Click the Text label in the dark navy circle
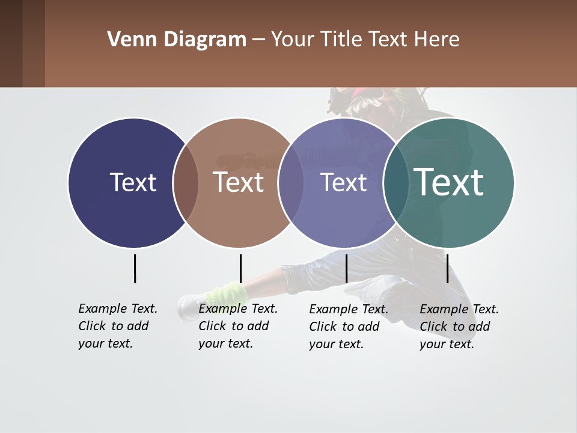coord(133,182)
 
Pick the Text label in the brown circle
coord(239,182)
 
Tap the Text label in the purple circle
coord(343,182)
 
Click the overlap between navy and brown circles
coord(186,183)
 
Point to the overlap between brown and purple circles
coord(291,183)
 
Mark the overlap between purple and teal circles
coord(395,183)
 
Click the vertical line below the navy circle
coord(135,268)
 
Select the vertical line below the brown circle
coord(240,268)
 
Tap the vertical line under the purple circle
coord(346,268)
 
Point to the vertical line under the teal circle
coord(447,268)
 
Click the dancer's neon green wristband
coord(227,295)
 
